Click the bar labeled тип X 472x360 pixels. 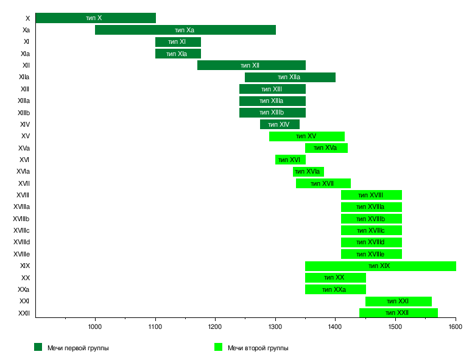[x=96, y=18]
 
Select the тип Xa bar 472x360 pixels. [x=185, y=30]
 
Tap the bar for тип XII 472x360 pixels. [x=251, y=65]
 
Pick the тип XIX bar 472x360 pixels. [x=380, y=266]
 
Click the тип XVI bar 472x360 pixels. [x=290, y=160]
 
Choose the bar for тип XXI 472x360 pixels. [x=398, y=302]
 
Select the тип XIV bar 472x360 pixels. [x=280, y=124]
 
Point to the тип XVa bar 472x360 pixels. [x=326, y=148]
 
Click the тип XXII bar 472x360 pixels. [x=398, y=313]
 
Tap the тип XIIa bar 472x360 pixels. [x=290, y=77]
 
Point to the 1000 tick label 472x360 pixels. [x=95, y=327]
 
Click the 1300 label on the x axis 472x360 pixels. [x=275, y=327]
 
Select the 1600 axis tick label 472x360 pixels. [x=455, y=327]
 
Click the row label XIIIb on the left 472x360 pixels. [x=24, y=113]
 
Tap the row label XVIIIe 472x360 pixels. [x=22, y=254]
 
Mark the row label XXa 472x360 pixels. [x=24, y=289]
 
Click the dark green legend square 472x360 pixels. [x=38, y=347]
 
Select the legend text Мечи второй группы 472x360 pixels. [x=258, y=348]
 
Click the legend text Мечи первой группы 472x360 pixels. [x=78, y=348]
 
